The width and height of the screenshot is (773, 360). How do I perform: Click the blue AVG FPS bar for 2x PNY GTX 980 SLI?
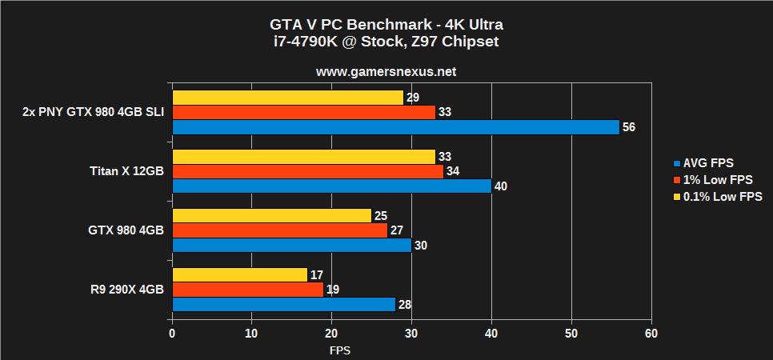(396, 127)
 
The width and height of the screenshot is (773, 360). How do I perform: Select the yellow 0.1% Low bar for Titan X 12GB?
(304, 157)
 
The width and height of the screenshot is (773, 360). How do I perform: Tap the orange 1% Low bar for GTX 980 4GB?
(280, 230)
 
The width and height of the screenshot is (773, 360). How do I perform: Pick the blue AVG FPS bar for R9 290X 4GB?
(284, 304)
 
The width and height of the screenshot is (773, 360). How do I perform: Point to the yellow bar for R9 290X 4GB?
(240, 275)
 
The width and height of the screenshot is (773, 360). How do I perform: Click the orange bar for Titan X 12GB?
(308, 171)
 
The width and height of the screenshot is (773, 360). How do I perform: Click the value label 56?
(628, 127)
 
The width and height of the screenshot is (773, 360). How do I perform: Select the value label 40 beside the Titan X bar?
(501, 186)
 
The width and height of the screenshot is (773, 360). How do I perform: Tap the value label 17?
(317, 275)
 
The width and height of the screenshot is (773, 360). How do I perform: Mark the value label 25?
(381, 216)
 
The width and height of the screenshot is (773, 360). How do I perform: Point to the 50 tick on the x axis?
(571, 333)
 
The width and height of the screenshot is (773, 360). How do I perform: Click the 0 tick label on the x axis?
(172, 333)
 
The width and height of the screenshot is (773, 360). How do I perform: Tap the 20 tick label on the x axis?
(331, 333)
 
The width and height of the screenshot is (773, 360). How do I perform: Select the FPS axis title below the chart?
(339, 350)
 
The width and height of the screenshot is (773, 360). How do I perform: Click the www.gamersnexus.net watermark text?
(386, 71)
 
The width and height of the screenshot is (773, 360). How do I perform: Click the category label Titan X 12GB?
(126, 171)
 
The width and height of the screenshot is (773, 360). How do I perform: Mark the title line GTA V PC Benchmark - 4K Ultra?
(386, 24)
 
